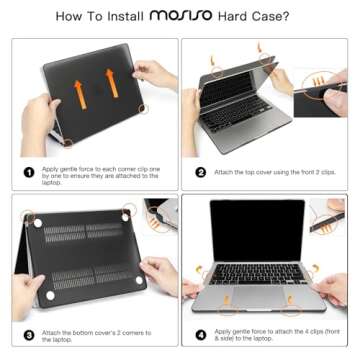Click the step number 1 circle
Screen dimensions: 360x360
click(x=30, y=171)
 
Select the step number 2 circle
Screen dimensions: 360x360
click(x=200, y=171)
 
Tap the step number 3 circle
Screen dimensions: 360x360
click(x=30, y=335)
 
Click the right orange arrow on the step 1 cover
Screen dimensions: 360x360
click(x=112, y=84)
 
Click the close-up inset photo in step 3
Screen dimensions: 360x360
click(x=159, y=217)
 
